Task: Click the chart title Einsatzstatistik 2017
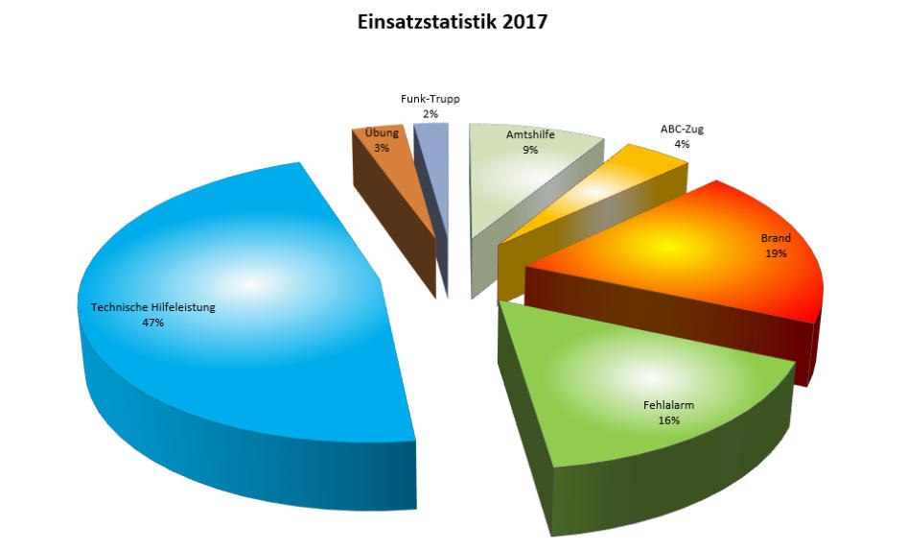click(453, 22)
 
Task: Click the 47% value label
click(152, 323)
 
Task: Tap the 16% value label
click(668, 419)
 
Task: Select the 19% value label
click(776, 253)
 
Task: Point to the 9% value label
click(529, 150)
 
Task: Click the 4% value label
click(682, 144)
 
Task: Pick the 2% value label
click(430, 114)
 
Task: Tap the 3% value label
click(382, 148)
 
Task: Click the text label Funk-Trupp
click(430, 100)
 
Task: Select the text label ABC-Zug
click(682, 130)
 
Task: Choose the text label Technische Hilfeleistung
click(153, 308)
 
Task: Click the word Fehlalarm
click(668, 405)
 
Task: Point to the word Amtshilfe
click(530, 135)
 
